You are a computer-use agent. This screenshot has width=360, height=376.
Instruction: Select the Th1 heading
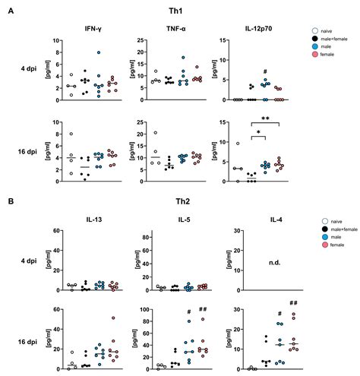179,11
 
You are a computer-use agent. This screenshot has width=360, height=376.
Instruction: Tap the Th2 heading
179,204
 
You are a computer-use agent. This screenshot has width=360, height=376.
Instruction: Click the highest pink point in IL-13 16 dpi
114,318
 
